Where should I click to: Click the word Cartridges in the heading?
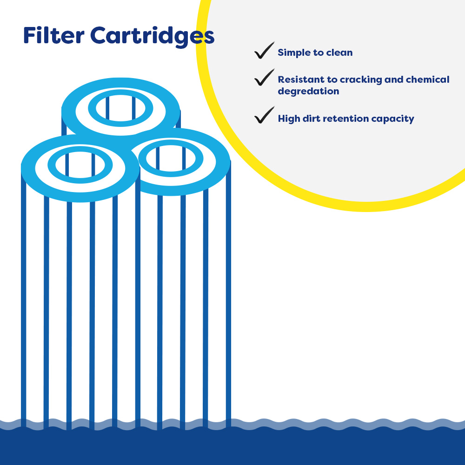tap(152, 36)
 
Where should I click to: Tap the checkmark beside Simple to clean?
tap(264, 51)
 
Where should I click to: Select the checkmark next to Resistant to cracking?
tap(264, 78)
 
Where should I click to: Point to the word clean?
tap(339, 53)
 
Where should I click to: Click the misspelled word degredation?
tap(308, 91)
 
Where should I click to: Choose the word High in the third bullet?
tap(289, 119)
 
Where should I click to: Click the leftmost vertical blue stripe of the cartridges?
tap(23, 298)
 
